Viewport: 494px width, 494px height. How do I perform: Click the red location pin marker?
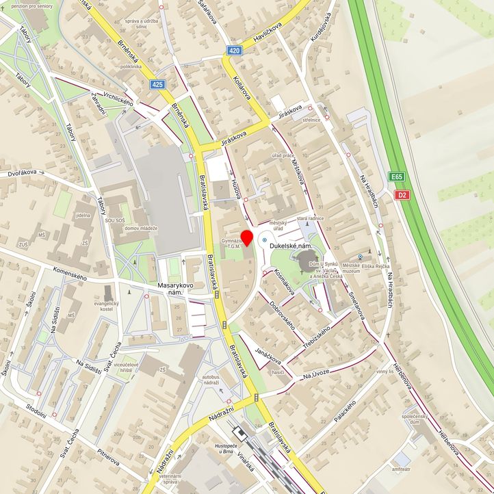(x=246, y=238)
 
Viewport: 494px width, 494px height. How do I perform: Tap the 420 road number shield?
(x=235, y=51)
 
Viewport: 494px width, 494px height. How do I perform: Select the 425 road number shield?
(x=159, y=84)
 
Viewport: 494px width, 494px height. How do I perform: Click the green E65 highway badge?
(x=397, y=177)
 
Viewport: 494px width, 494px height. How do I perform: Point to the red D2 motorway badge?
(x=404, y=195)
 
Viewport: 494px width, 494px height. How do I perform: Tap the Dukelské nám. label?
(x=296, y=244)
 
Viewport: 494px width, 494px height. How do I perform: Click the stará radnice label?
(x=309, y=218)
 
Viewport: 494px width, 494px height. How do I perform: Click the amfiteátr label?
(x=402, y=469)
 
